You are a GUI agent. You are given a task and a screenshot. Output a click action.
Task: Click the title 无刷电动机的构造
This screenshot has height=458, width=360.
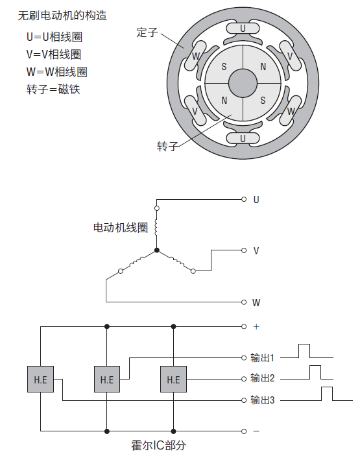62,16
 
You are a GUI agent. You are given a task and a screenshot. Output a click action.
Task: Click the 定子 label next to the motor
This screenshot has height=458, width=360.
147,32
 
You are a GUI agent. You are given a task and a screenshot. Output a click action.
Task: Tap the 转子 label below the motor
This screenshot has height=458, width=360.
167,146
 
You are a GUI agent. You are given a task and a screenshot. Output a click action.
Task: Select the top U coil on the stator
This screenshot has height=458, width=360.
243,29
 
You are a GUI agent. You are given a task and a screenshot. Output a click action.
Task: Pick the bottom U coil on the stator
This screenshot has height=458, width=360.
243,138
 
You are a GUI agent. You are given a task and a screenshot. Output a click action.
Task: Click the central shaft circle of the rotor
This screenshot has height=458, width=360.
243,83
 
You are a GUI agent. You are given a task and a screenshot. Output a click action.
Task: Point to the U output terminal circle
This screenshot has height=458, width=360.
244,199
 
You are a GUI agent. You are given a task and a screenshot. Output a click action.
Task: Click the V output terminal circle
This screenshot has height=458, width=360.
244,250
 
